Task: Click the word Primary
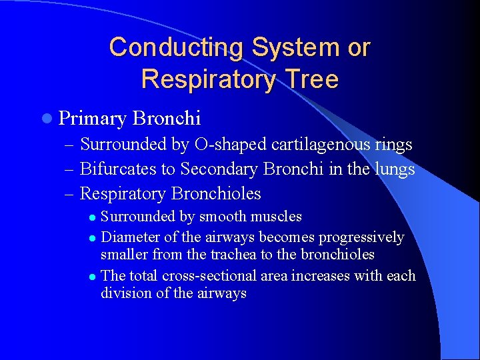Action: click(93, 119)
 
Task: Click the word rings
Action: click(393, 144)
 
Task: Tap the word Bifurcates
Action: click(118, 169)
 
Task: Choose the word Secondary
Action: click(217, 169)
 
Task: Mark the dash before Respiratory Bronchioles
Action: click(70, 194)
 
